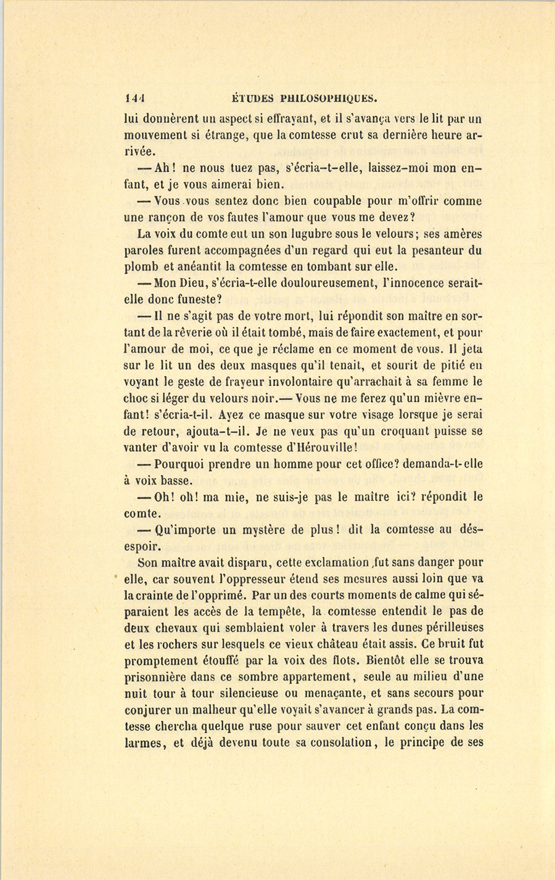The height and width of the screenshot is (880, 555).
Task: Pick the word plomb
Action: click(x=141, y=267)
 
